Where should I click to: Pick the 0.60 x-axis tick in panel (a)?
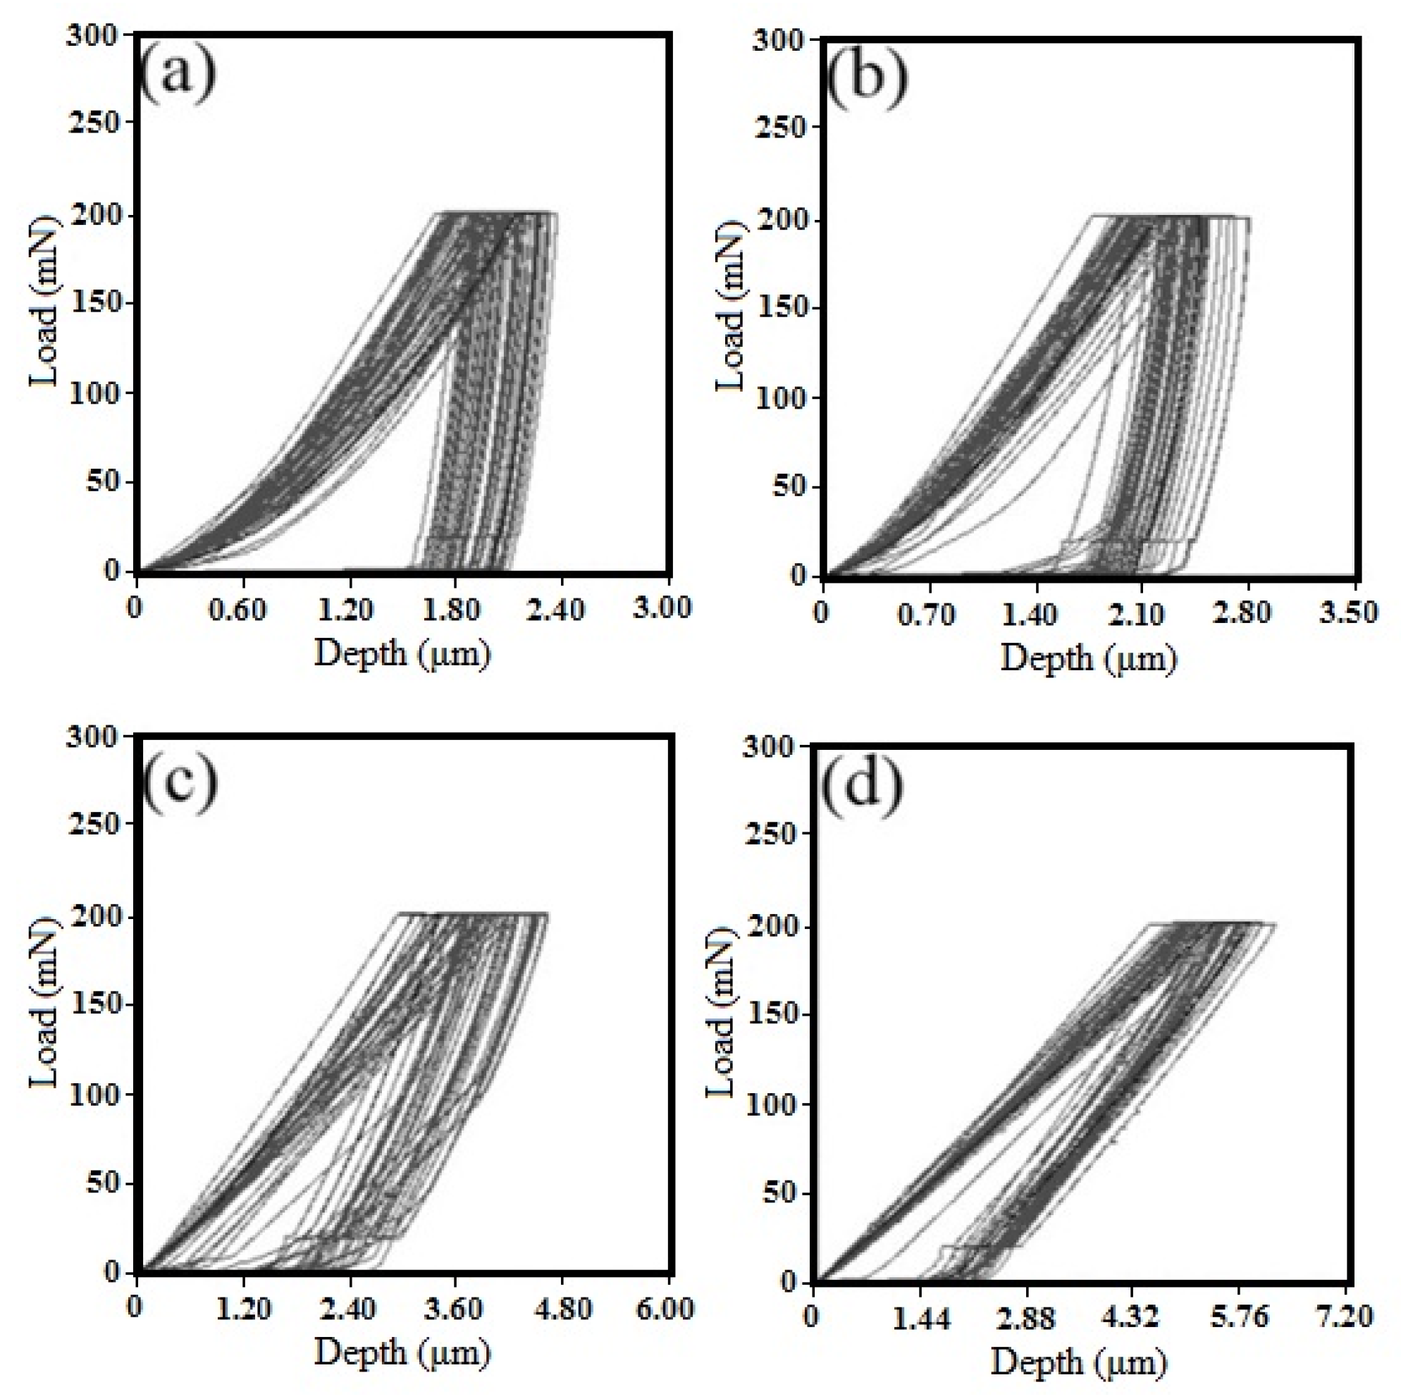point(237,608)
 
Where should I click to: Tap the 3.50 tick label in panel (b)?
point(1348,613)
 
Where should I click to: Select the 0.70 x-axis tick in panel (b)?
point(926,614)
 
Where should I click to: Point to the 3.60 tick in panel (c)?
point(452,1309)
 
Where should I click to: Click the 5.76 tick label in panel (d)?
point(1240,1317)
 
